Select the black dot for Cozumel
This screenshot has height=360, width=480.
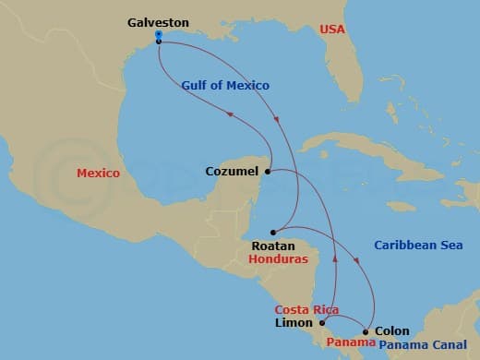(x=268, y=171)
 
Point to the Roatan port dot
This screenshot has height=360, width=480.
(x=273, y=232)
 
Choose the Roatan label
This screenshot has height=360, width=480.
(x=273, y=246)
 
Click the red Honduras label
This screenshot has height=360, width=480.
(x=277, y=259)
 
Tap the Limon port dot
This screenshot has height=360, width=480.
(x=322, y=323)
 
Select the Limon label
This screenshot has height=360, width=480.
(x=295, y=323)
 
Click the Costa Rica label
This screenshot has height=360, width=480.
(x=306, y=309)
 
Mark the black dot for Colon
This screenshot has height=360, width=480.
(x=366, y=331)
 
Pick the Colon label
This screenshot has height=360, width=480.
(x=391, y=331)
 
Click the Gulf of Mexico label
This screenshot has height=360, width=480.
(x=224, y=86)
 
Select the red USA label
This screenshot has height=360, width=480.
(x=332, y=30)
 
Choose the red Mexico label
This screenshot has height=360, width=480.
(x=98, y=173)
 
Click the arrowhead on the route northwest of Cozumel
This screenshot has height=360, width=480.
(x=230, y=114)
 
